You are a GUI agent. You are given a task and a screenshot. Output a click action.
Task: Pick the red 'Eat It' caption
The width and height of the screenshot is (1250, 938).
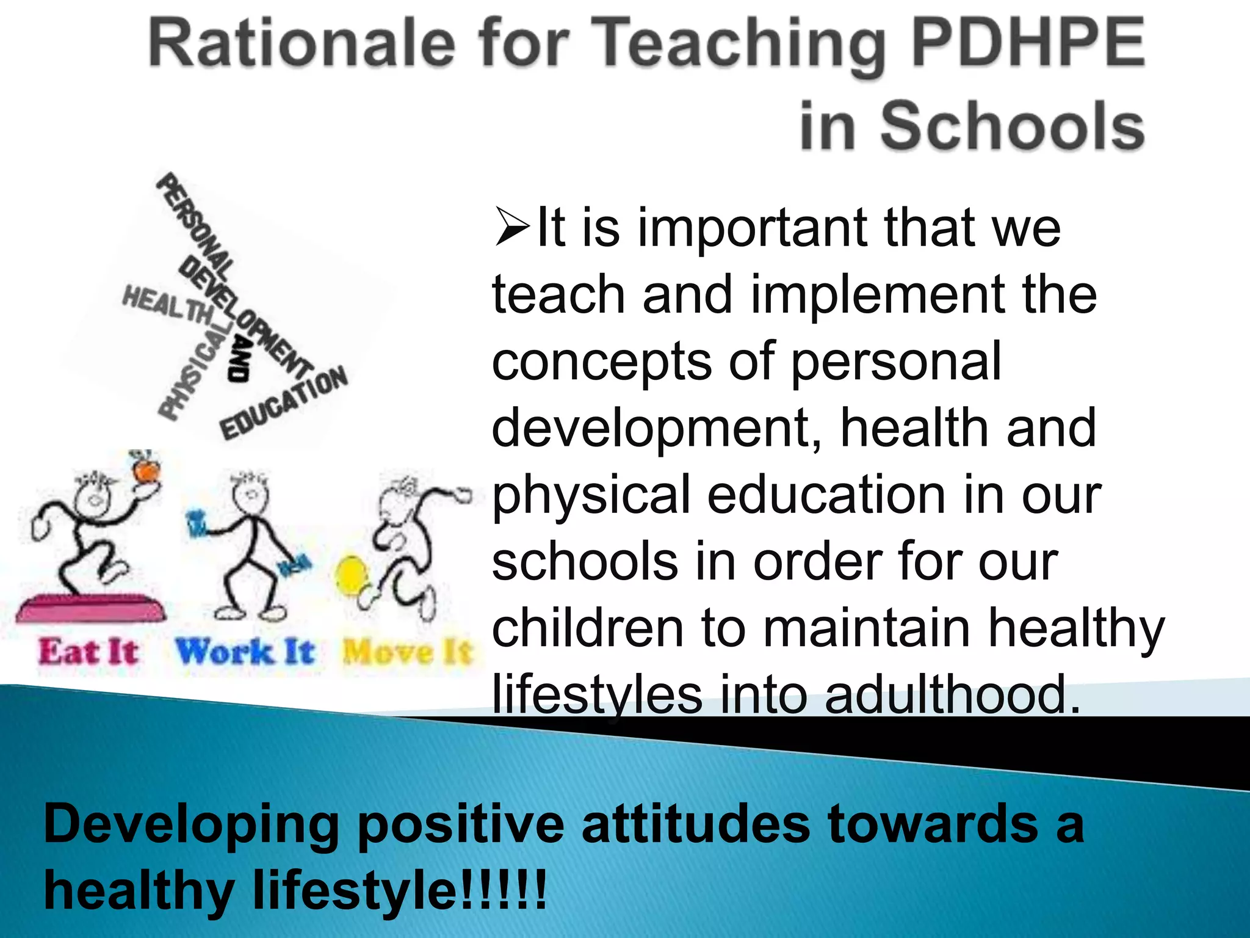coord(89,651)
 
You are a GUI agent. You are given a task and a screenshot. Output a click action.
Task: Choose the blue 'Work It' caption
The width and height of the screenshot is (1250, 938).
coord(245,651)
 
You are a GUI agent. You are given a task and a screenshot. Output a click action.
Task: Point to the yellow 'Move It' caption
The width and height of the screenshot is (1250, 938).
coord(408,652)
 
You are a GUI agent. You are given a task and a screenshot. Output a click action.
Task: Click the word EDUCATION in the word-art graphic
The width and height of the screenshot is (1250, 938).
coord(284,403)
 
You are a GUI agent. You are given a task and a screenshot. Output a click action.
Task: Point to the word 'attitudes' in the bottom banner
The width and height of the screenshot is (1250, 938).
coord(695,824)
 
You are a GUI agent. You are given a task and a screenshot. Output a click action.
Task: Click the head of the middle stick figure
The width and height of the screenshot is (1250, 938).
coord(249,489)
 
